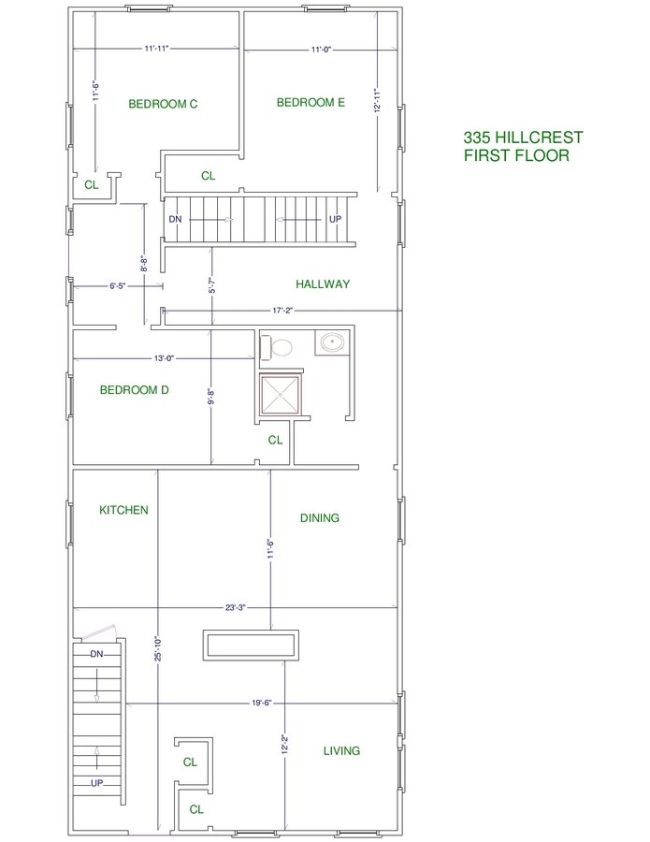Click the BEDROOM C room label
(163, 104)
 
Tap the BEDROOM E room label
(311, 103)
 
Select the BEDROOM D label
(134, 390)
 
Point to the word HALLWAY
(323, 284)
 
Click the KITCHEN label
(123, 510)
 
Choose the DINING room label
(319, 518)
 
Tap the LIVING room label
(341, 751)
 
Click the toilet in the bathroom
(277, 347)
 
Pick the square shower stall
(281, 395)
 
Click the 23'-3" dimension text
(235, 608)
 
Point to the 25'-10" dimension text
(159, 648)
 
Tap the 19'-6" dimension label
(261, 703)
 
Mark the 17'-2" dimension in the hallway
(282, 311)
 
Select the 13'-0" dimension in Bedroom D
(165, 358)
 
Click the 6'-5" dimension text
(118, 286)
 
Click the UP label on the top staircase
(335, 219)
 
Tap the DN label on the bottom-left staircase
(96, 654)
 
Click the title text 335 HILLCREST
(524, 138)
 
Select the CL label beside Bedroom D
(275, 441)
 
